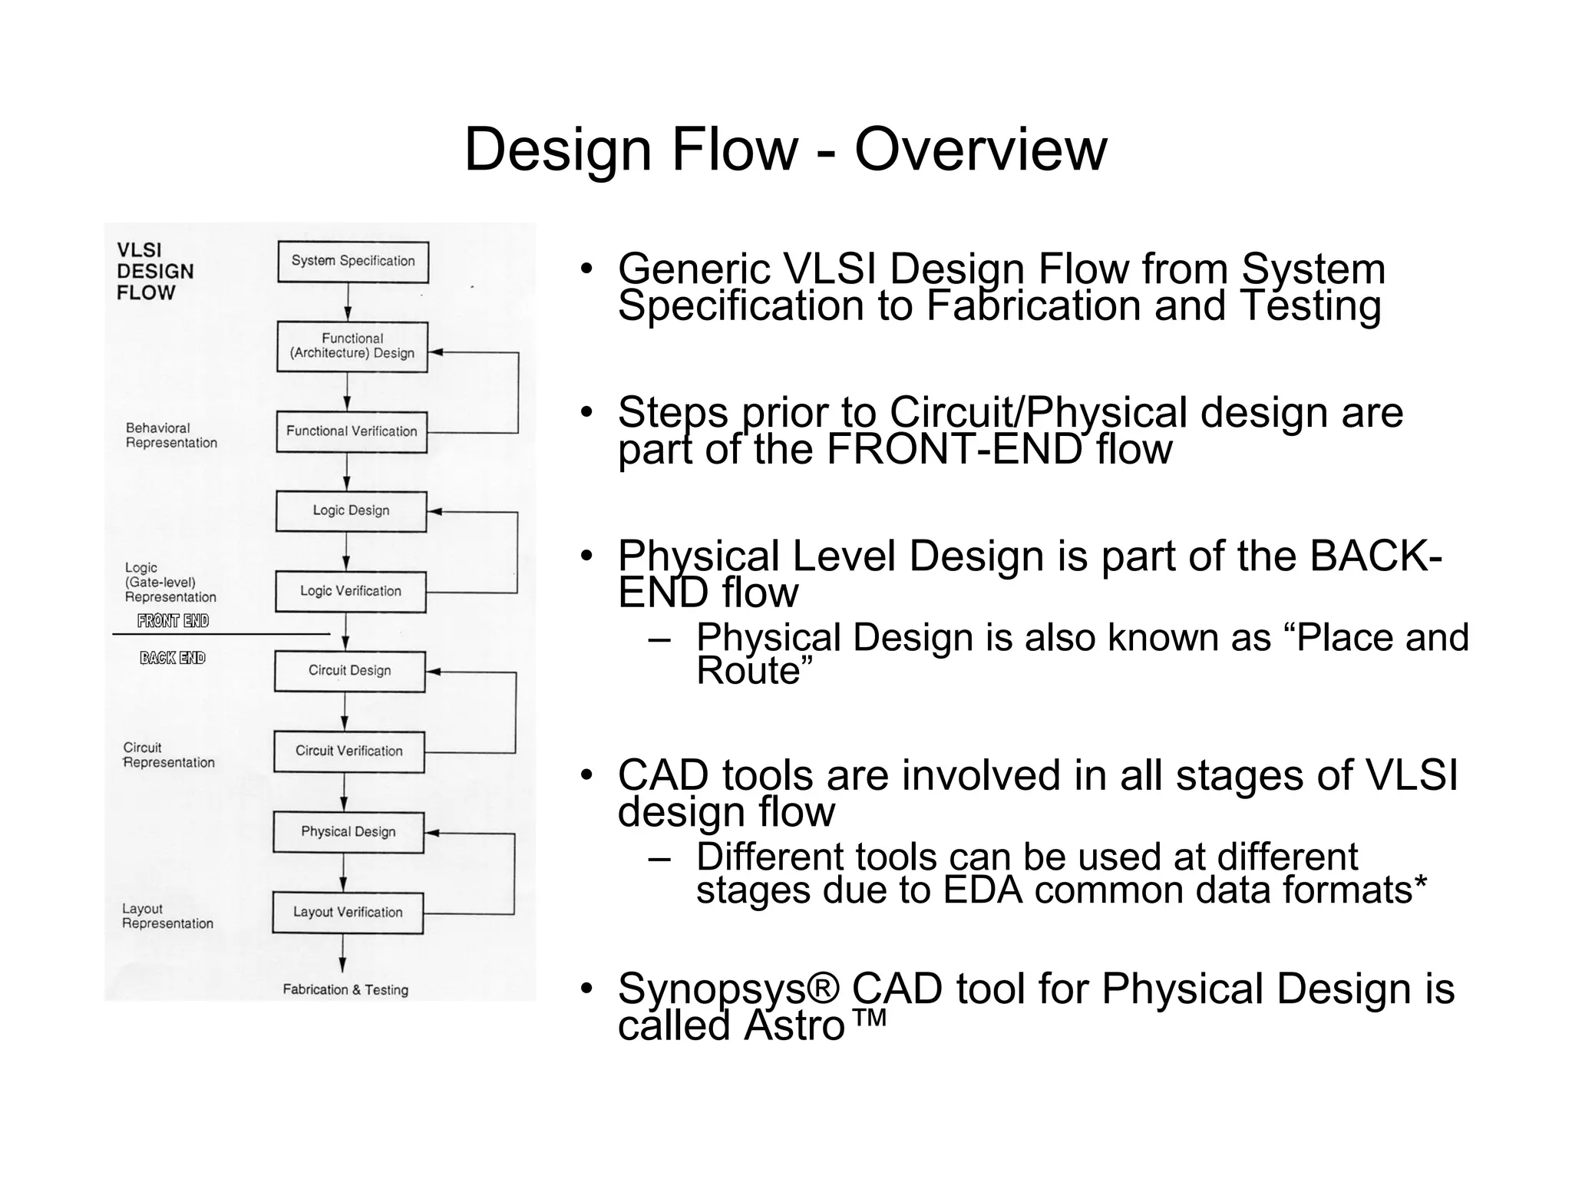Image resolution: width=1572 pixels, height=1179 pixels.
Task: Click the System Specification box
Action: coord(352,262)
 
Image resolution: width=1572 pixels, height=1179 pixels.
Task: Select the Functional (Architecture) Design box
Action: coord(352,347)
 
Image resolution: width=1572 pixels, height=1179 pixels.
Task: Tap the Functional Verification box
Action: coord(351,431)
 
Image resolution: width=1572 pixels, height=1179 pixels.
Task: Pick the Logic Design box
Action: coord(351,511)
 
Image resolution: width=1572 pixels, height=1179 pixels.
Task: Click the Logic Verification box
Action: coord(350,591)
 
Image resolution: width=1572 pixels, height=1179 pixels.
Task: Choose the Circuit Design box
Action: coord(349,671)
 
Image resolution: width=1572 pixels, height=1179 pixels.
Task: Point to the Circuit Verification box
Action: coord(348,751)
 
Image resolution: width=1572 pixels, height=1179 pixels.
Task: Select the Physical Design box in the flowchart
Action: coord(348,832)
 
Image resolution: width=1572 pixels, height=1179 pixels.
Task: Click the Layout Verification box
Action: coord(347,913)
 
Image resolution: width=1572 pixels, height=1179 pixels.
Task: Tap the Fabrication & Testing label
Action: coord(345,990)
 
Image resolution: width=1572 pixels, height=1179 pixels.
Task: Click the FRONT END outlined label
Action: coord(173,621)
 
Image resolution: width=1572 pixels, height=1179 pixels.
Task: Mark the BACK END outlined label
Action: coord(173,658)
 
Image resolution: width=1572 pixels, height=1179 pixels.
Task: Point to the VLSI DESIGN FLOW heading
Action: coord(154,272)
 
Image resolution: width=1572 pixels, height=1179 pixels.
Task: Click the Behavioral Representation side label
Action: coord(171,435)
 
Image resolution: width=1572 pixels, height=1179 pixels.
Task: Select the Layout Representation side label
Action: coord(167,916)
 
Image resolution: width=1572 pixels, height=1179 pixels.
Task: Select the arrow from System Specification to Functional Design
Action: coord(348,302)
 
